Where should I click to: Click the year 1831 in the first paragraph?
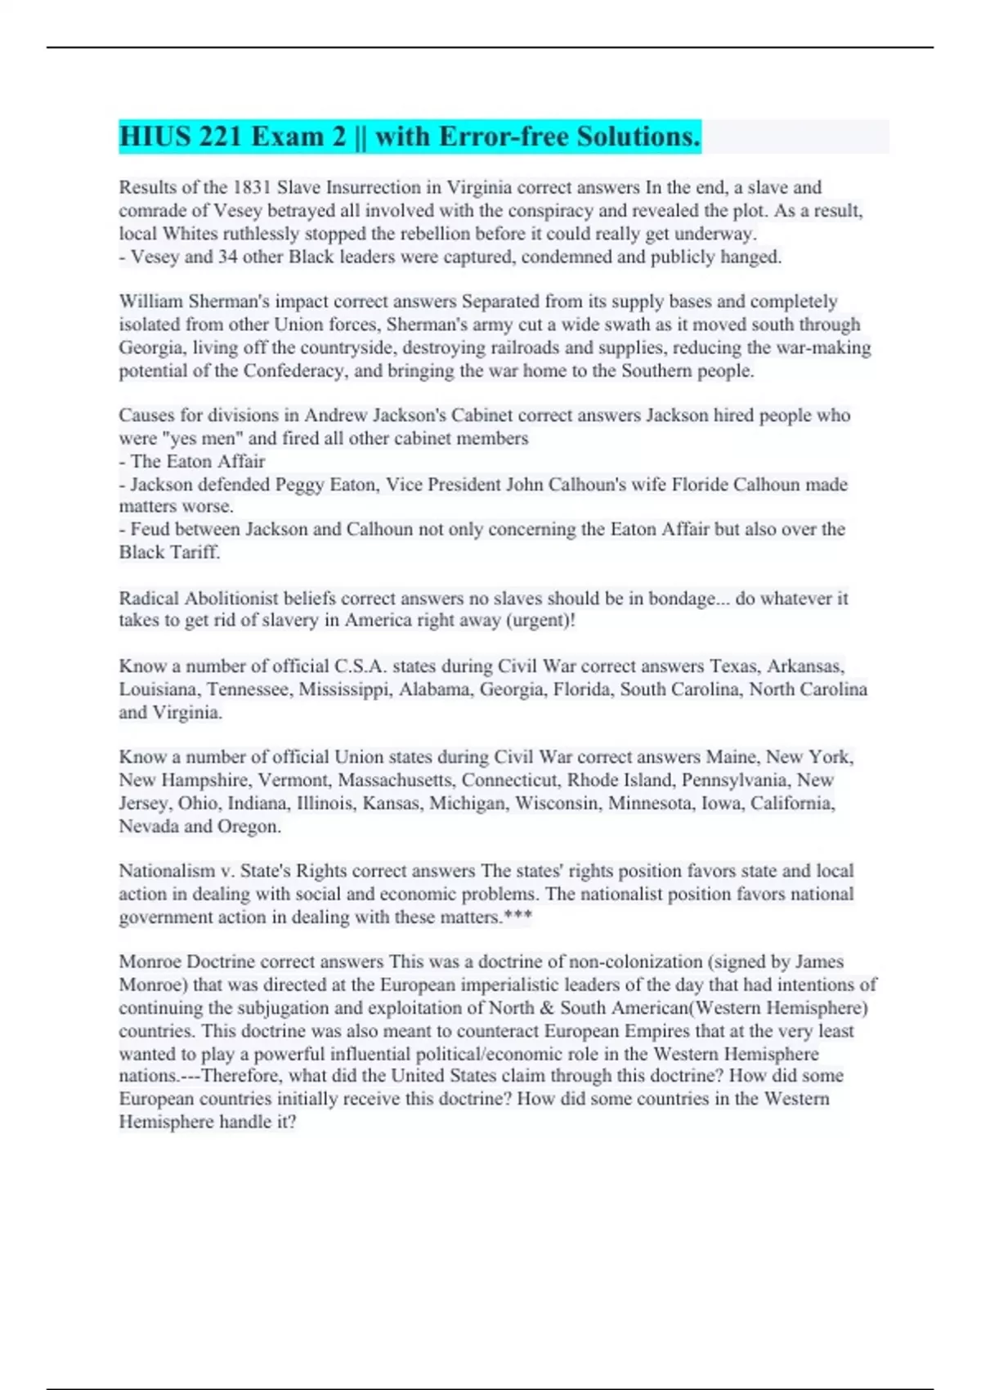(253, 187)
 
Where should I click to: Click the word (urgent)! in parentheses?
(541, 621)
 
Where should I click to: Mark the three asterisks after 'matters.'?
(518, 917)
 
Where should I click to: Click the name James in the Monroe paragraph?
(819, 962)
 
